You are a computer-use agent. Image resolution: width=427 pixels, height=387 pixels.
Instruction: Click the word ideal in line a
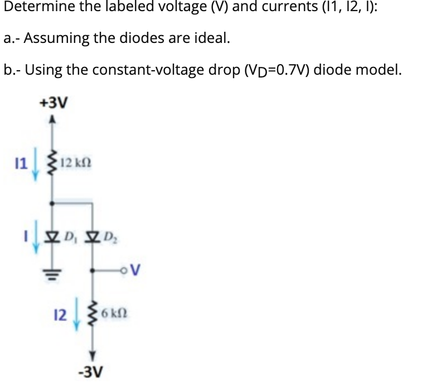point(211,38)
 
